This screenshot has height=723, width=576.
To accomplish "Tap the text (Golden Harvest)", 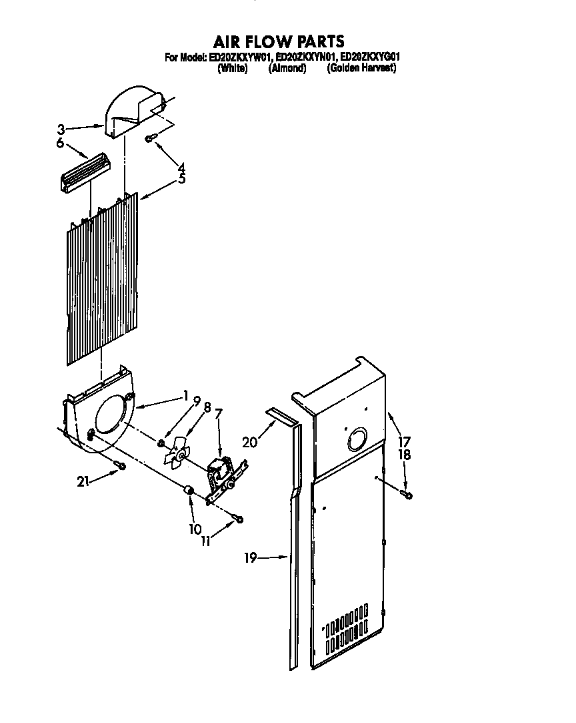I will coord(361,68).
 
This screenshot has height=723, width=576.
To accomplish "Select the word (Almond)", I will coord(287,68).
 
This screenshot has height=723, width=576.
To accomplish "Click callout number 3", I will coord(61,128).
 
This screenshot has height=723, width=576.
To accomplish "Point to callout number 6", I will coord(60,143).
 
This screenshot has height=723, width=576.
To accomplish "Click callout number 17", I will coord(405,441).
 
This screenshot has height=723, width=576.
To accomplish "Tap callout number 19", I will coord(251,558).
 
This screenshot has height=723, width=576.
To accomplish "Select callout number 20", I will coord(249,441).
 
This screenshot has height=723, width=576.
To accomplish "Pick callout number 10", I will coord(195,529).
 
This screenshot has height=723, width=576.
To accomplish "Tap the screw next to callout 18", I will coord(407,494).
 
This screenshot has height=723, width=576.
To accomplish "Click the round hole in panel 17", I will coord(354,440).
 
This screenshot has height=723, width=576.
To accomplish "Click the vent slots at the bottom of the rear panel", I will coord(345,629).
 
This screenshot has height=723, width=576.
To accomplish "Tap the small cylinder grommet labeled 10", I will coord(189,493).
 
